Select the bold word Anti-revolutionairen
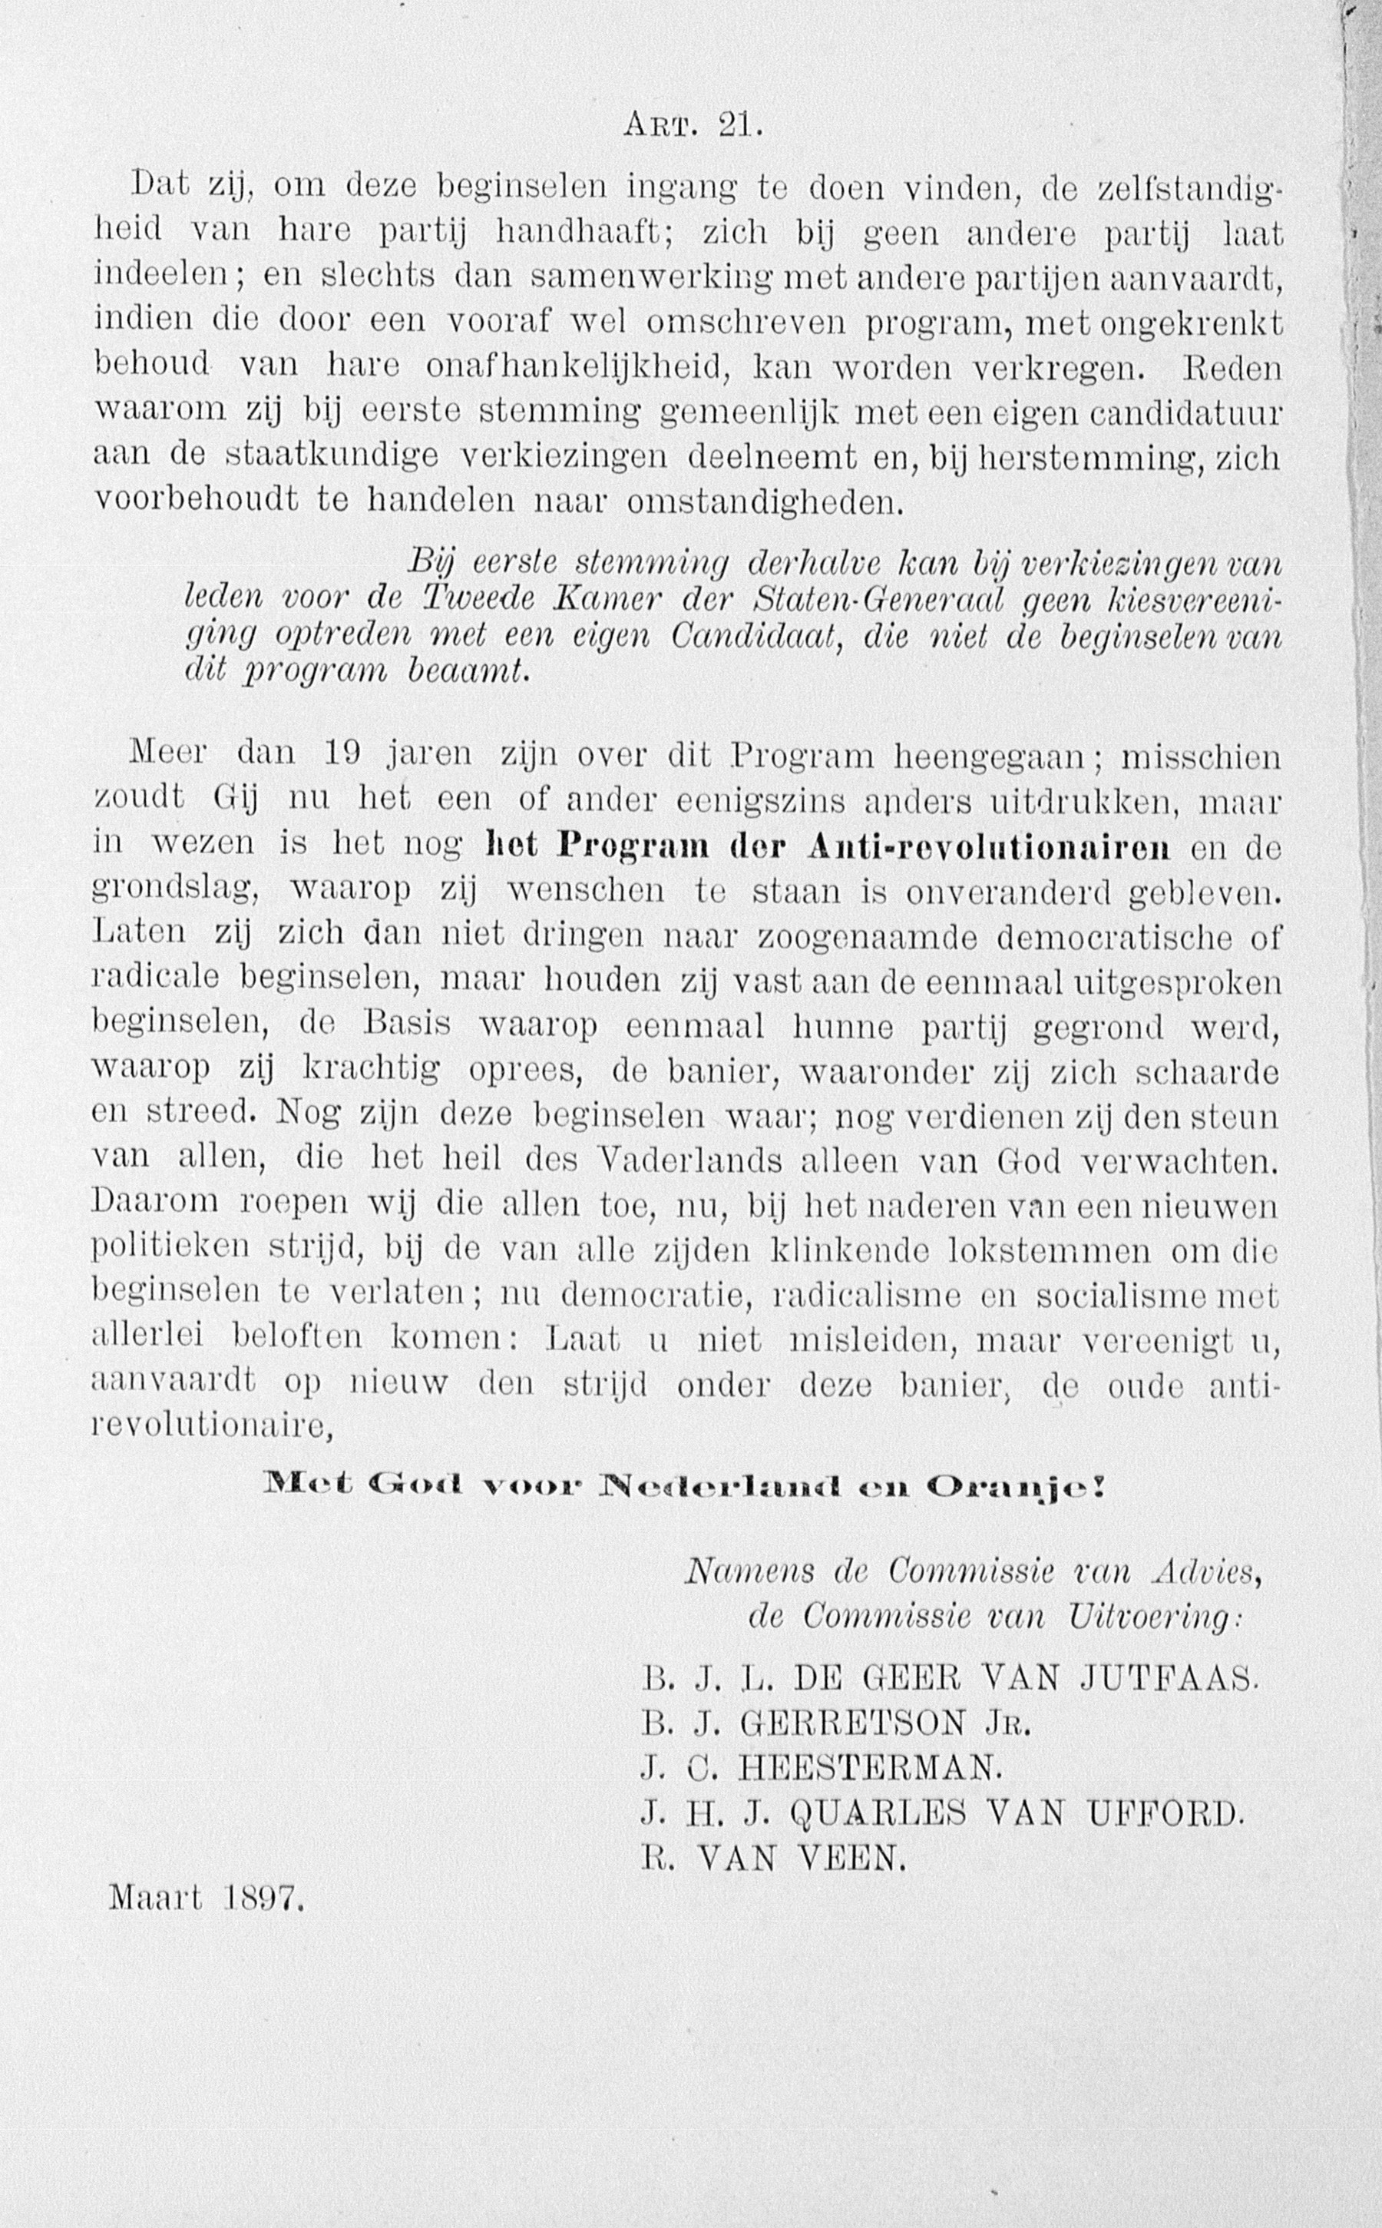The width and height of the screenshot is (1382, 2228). (989, 846)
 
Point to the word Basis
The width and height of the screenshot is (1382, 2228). (407, 1024)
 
